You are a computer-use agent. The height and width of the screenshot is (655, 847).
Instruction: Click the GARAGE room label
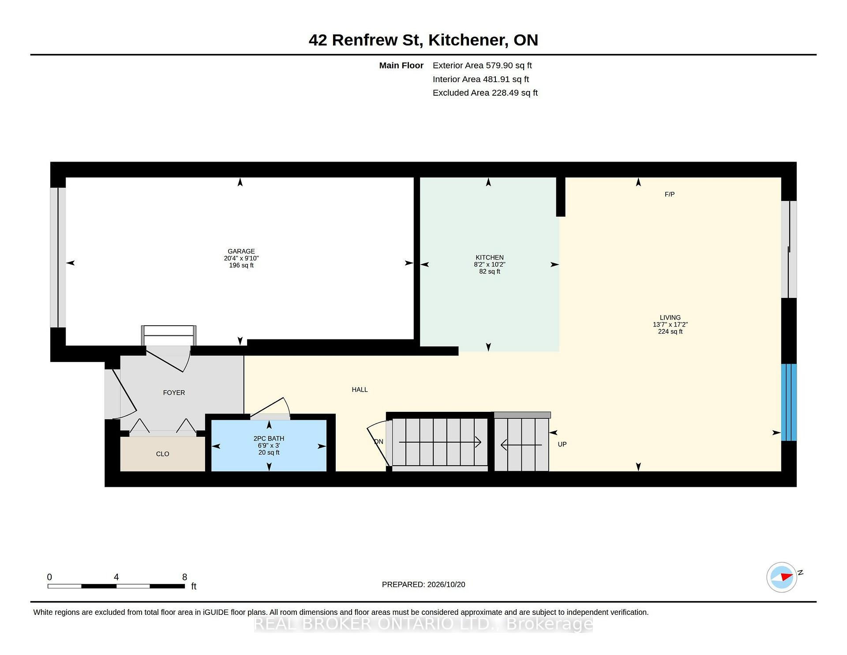coord(241,251)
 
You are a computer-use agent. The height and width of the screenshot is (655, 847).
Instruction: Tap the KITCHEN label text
coord(490,257)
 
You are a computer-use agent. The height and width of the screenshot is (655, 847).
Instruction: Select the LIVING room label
coord(670,317)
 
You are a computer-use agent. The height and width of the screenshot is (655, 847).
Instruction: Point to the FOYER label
coord(174,392)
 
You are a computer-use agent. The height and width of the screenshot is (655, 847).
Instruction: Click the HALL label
coord(360,389)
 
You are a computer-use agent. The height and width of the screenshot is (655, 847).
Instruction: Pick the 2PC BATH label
coord(269,438)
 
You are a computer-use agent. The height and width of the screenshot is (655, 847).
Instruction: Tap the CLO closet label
coord(162,454)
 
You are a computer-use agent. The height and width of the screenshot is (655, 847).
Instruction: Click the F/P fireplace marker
coord(670,194)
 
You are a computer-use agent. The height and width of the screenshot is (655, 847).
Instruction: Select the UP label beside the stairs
coord(562,444)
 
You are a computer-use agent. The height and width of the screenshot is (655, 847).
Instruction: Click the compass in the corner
coord(782,577)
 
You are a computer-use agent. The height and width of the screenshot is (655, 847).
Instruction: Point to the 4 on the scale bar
coord(116,577)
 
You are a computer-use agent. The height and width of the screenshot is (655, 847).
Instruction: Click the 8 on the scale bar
coord(185,577)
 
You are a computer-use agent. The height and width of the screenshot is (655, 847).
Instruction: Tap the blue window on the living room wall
coord(789,402)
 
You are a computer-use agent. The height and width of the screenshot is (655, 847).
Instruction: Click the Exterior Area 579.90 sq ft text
coord(482,65)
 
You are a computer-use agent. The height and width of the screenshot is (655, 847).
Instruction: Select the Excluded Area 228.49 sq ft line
coord(485,93)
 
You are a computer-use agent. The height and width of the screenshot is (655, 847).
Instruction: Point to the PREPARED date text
coord(423,584)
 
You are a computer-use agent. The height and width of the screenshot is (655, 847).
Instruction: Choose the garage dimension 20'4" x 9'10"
coord(241,258)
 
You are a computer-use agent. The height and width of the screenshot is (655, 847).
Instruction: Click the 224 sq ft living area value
coord(670,331)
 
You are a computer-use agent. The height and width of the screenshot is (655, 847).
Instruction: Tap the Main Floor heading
coord(401,65)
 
